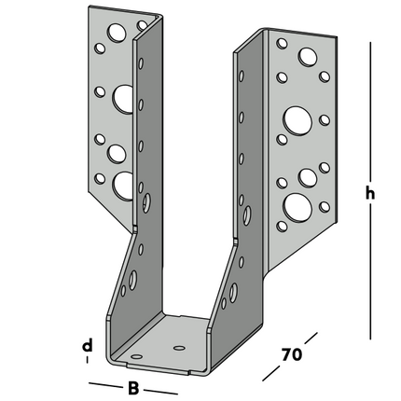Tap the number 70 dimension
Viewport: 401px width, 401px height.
coord(293,355)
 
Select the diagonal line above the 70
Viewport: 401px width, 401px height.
coord(309,338)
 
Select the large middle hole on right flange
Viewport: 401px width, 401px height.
coord(297,118)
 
